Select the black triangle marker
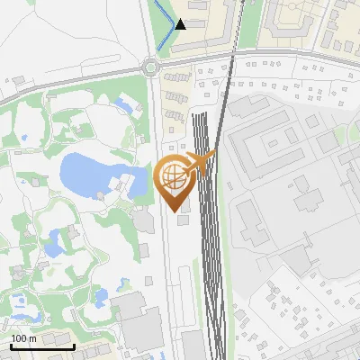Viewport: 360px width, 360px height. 180,24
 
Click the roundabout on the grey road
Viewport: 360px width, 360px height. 149,66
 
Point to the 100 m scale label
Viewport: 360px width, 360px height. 23,338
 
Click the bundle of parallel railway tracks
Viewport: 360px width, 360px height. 208,243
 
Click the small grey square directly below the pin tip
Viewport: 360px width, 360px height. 184,219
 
